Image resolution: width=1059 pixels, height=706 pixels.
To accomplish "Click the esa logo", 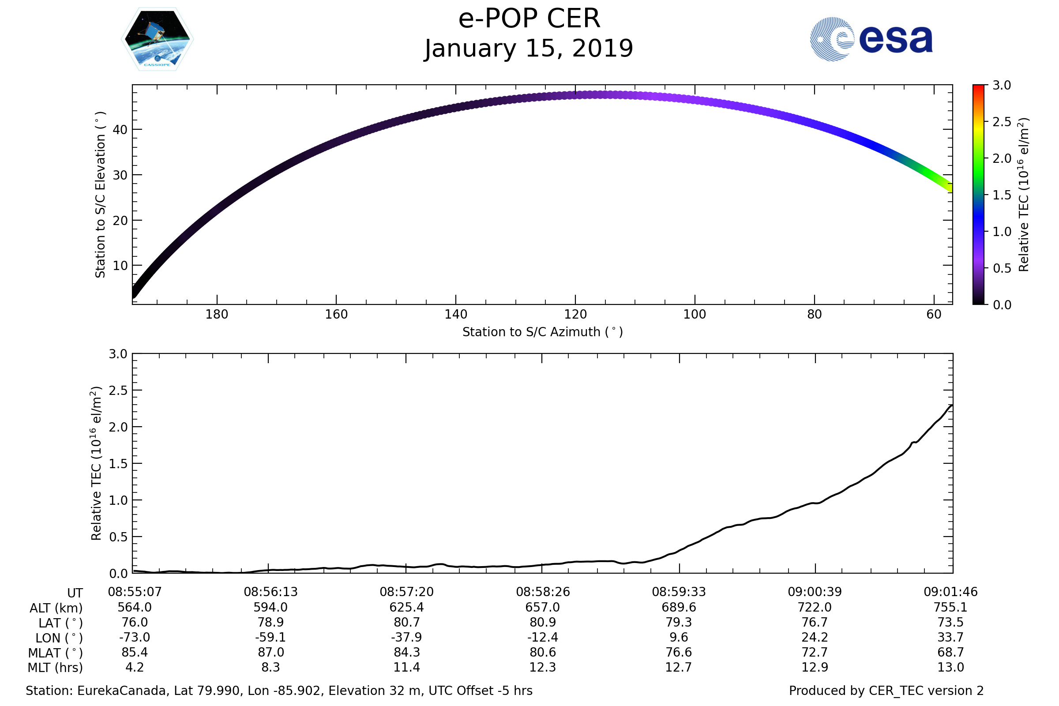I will [871, 39].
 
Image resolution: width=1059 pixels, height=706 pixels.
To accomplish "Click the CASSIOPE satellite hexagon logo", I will [158, 39].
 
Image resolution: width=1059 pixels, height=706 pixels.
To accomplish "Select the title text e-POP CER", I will [529, 19].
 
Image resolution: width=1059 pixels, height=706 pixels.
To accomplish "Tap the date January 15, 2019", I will [529, 49].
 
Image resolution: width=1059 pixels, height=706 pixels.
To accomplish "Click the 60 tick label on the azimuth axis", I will [934, 314].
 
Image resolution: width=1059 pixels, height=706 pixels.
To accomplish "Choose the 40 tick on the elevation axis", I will [120, 130].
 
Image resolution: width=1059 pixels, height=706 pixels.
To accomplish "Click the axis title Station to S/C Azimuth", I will [543, 332].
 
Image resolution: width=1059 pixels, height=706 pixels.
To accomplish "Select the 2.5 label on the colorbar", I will [1001, 122].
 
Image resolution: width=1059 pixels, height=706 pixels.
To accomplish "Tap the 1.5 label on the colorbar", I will [1001, 195].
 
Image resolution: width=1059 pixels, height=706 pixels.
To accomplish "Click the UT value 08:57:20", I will [406, 592].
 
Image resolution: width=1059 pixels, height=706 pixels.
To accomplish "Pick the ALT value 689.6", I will [679, 608].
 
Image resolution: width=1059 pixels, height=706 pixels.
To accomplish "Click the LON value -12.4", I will [543, 637].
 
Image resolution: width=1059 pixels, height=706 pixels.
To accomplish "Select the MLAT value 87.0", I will [270, 653].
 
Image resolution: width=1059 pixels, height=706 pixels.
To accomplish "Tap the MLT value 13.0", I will [950, 667].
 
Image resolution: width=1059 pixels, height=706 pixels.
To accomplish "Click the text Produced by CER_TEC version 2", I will [886, 691].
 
